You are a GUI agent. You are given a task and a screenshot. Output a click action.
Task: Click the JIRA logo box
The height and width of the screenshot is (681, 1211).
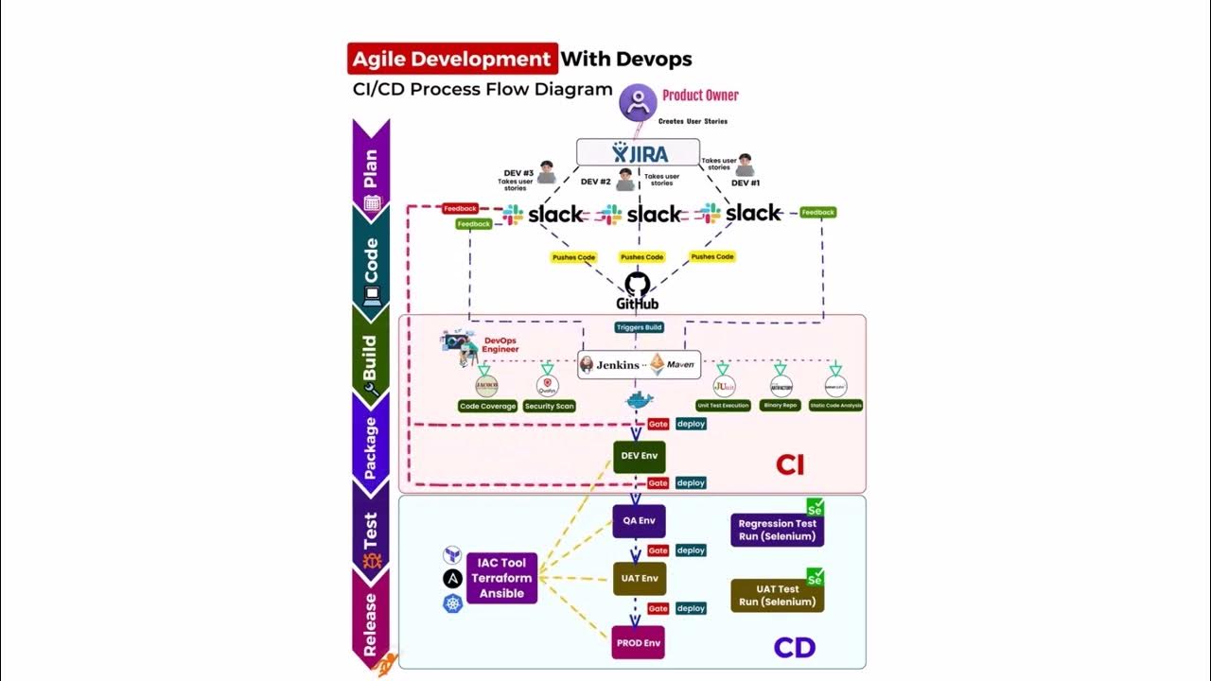(x=639, y=153)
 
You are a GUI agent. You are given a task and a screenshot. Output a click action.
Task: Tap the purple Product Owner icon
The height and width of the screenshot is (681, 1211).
(x=638, y=101)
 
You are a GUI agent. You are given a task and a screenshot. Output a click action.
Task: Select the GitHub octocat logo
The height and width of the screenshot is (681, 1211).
(x=638, y=284)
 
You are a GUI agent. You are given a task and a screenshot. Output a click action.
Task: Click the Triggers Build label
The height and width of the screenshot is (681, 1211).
(x=640, y=327)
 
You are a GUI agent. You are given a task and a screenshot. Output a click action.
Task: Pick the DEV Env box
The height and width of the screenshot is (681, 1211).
(x=640, y=456)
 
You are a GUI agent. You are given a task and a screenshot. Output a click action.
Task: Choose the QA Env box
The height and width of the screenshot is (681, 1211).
(x=640, y=521)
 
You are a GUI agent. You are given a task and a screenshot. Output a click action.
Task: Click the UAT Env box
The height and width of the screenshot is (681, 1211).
(x=640, y=579)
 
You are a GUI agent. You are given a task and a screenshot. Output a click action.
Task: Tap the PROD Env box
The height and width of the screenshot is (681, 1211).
(x=639, y=643)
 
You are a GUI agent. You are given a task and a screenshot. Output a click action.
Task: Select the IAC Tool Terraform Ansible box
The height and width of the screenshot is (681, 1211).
(x=501, y=578)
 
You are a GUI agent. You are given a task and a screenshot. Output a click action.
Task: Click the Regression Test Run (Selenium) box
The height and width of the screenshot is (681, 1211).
(x=777, y=530)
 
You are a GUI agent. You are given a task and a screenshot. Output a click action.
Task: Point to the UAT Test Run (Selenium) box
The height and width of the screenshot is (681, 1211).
(x=777, y=595)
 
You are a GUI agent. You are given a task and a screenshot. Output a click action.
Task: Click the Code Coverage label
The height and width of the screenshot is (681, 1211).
(x=487, y=406)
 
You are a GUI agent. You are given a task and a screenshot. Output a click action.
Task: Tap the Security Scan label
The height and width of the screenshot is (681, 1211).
(x=549, y=406)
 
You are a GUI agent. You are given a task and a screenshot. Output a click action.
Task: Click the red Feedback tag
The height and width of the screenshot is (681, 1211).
(x=460, y=208)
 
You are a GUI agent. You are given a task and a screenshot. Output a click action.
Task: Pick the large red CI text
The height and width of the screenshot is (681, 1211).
(x=790, y=464)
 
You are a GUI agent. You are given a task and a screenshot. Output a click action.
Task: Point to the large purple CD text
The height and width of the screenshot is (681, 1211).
(x=794, y=648)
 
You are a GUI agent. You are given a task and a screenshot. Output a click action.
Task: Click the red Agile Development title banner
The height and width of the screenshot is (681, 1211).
(x=452, y=59)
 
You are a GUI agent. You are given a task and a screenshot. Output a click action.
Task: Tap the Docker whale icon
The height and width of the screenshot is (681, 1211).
(x=640, y=401)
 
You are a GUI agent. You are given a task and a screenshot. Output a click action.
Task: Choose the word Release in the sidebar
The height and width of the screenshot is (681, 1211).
(x=370, y=624)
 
